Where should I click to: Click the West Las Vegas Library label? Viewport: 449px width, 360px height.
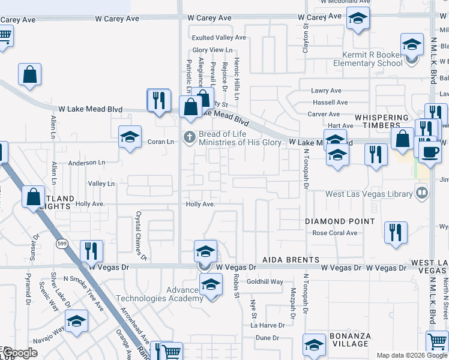[369, 194]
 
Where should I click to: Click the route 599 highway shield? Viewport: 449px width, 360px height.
[62, 244]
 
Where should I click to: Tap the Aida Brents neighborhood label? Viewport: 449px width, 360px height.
[291, 260]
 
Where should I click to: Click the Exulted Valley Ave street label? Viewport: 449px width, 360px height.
[219, 37]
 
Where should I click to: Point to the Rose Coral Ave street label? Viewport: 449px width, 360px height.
[335, 233]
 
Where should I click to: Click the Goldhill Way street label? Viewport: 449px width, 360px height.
[264, 281]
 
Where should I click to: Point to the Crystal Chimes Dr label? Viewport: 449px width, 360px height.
[141, 235]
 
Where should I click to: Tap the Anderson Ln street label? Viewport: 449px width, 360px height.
[86, 163]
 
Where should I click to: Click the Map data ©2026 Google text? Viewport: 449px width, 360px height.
[412, 355]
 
